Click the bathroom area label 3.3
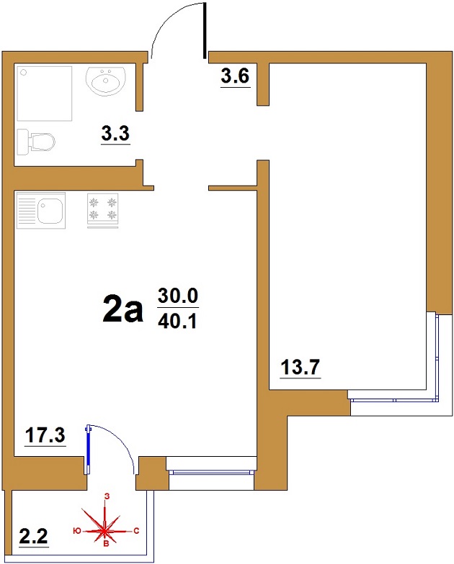(115, 134)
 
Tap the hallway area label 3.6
(235, 76)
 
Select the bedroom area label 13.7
(300, 367)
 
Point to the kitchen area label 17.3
(45, 435)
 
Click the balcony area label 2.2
(33, 537)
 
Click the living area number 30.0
(178, 296)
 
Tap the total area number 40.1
(177, 322)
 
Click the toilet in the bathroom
(36, 142)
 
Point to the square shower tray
(45, 94)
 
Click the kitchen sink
(41, 210)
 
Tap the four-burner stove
(102, 210)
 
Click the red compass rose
(105, 530)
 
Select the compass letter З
(107, 496)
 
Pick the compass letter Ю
(76, 531)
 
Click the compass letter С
(136, 531)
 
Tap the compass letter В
(107, 543)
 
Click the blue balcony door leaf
(88, 450)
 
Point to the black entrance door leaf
(205, 30)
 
